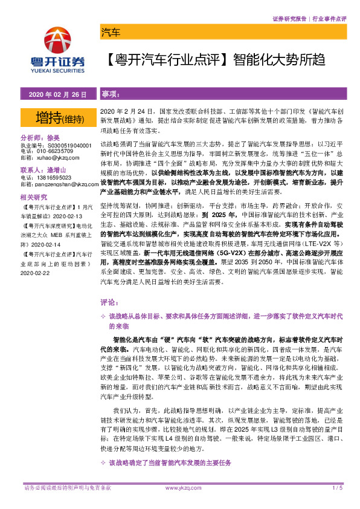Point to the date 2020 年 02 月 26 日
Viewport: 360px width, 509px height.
[x=57, y=95]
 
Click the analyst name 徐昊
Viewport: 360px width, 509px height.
[x=71, y=137]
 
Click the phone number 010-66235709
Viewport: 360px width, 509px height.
[x=58, y=152]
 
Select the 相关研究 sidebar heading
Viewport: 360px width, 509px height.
[x=34, y=197]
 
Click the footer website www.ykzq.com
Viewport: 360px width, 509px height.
[x=179, y=488]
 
